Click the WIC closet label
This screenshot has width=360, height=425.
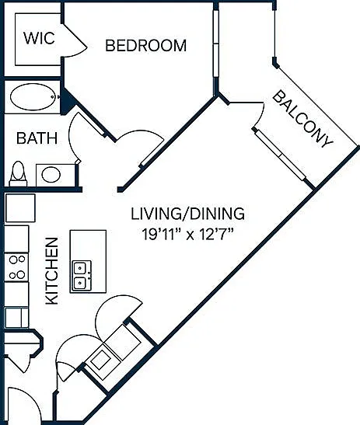point(39,38)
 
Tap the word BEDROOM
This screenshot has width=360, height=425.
point(145,46)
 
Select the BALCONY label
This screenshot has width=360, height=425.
point(302,120)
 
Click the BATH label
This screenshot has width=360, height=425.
point(37,138)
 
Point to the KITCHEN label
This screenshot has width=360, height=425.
point(52,271)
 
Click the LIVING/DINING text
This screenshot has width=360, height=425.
point(187,214)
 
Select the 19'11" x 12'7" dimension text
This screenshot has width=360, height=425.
point(188,234)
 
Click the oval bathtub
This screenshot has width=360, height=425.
point(33,97)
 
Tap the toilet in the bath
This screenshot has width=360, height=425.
point(18,174)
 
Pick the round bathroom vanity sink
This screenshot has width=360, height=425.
point(51,175)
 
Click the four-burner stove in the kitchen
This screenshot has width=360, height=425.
point(17,267)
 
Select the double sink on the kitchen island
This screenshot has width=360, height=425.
point(82,275)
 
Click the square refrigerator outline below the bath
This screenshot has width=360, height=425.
point(20,208)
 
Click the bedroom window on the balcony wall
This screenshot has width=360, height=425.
point(216,44)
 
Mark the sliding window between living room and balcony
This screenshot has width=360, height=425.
point(281,155)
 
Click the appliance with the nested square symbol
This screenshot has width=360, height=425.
point(101,360)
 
